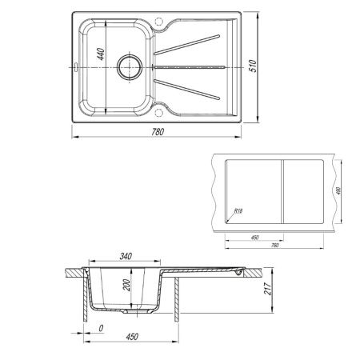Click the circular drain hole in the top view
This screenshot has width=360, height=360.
point(127,67)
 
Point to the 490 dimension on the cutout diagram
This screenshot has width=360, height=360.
point(339,190)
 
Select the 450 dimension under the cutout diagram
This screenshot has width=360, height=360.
point(254,237)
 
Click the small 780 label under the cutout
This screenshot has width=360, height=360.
point(274,246)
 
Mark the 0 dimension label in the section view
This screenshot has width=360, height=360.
point(102,328)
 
